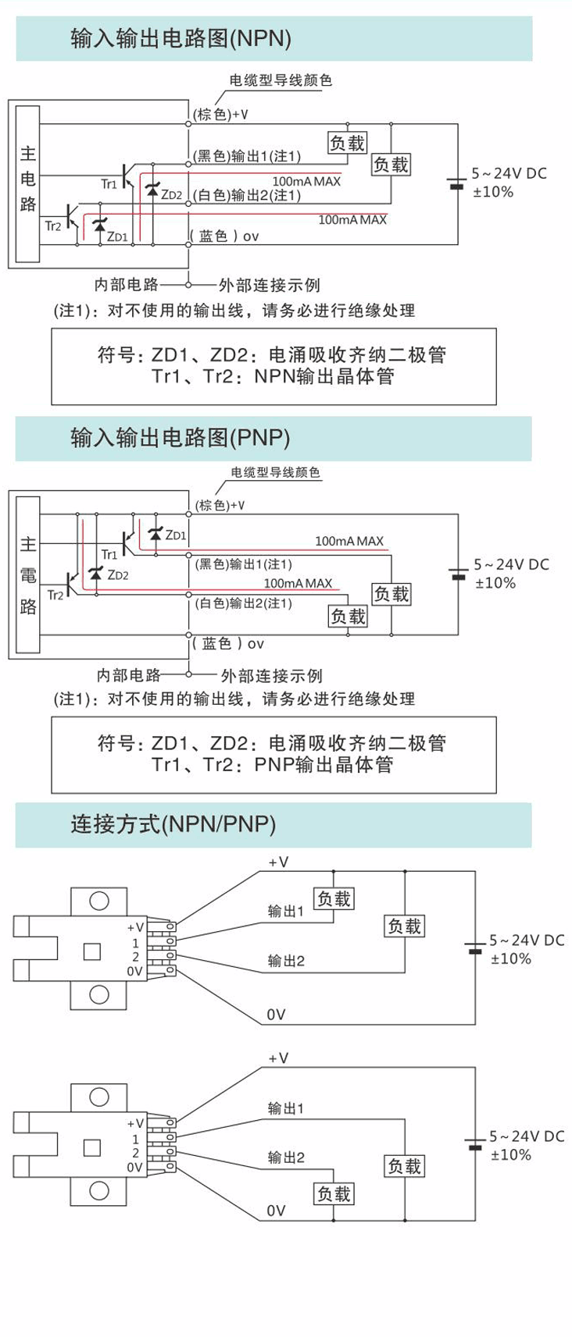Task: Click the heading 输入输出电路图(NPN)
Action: point(181,39)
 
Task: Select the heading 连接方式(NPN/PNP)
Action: point(173,824)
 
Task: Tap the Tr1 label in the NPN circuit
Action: point(108,184)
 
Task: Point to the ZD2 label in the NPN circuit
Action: point(171,194)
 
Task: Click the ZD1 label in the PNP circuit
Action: point(177,535)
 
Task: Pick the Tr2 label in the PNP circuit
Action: point(55,596)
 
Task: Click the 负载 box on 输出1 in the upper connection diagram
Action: point(334,898)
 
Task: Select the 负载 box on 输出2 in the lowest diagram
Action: point(334,1193)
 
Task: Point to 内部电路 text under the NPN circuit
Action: point(127,285)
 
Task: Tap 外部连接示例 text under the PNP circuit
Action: point(271,675)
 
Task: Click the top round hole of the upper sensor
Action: point(99,900)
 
